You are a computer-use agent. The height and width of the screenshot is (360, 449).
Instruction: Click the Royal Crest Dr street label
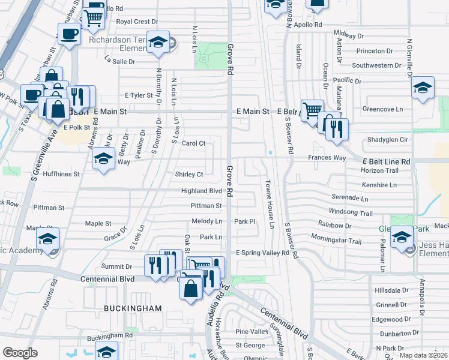click(136, 22)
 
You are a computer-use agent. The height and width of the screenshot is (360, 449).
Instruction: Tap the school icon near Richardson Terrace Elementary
click(158, 43)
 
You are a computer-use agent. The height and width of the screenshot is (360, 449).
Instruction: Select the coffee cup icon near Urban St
click(70, 34)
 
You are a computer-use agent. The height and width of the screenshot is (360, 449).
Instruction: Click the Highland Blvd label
click(202, 191)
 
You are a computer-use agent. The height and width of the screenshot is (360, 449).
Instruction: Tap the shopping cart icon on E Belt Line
click(312, 110)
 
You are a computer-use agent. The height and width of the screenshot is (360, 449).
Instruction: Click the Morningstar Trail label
click(336, 240)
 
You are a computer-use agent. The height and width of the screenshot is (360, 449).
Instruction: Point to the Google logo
click(20, 353)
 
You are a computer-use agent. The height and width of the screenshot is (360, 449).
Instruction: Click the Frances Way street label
click(327, 158)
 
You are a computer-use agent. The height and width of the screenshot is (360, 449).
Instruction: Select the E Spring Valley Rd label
click(262, 253)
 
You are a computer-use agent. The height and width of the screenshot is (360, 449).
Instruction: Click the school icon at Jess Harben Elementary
click(401, 238)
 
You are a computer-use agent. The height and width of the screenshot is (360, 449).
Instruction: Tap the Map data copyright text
click(424, 355)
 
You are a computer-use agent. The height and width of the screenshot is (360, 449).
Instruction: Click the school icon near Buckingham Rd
click(107, 352)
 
